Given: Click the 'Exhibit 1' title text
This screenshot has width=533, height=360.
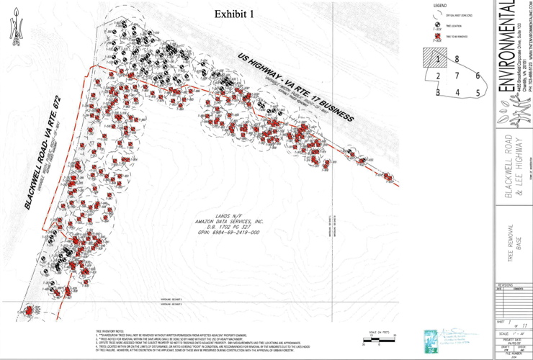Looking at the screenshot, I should [x=234, y=14].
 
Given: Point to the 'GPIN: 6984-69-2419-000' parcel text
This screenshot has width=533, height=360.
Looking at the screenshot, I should [x=229, y=233].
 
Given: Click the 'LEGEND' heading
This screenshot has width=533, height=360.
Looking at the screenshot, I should [x=439, y=6].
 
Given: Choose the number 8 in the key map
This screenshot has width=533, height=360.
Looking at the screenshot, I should [x=457, y=60].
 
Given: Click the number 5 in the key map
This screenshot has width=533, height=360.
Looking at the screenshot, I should [x=477, y=93].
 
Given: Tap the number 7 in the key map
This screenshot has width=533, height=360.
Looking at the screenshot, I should [x=457, y=76].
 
